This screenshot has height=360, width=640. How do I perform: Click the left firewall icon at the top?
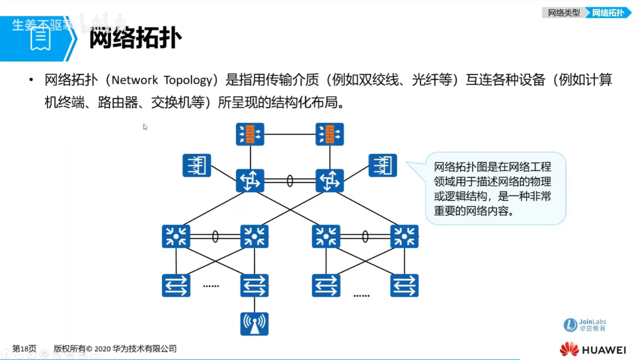250,134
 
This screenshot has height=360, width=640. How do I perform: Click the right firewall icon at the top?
329,134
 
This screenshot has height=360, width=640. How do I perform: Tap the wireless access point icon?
254,324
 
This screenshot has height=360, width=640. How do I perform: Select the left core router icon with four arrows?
250,180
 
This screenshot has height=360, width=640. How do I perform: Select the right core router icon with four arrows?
329,180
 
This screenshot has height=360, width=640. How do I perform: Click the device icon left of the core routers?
196,165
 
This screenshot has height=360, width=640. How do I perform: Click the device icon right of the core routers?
382,165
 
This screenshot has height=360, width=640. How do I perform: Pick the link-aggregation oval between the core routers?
290,181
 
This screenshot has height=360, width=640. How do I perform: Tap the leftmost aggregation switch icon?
176,236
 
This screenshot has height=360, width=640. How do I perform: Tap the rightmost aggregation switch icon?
404,236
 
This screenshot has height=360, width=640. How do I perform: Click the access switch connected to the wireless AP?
254,285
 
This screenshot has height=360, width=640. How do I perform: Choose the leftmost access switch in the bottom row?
176,285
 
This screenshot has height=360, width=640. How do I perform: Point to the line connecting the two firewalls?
290,134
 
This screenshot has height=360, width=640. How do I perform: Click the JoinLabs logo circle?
570,325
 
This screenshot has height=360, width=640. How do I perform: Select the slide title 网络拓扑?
135,38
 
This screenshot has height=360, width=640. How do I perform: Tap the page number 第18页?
24,349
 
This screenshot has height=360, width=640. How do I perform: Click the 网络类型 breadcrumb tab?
563,13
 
